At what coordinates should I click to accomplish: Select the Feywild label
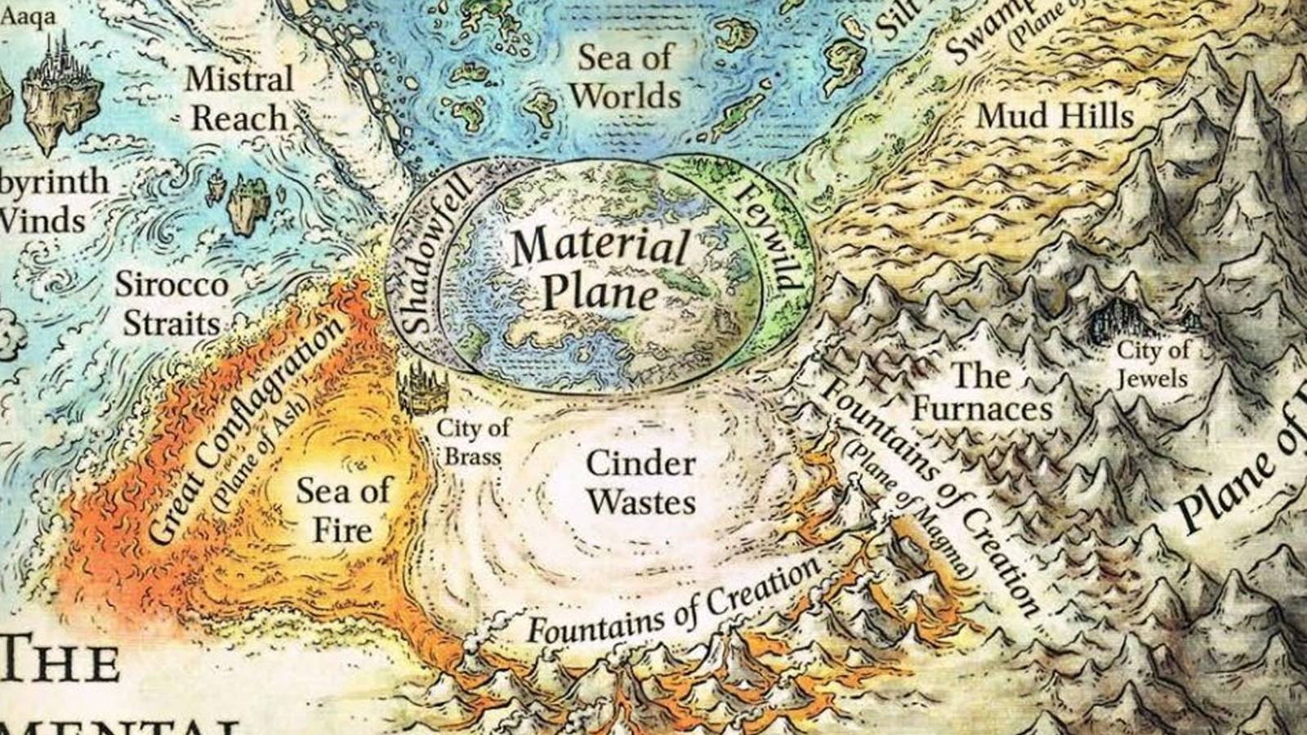[768, 237]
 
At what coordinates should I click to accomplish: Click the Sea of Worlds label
[626, 77]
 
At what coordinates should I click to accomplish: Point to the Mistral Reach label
[239, 99]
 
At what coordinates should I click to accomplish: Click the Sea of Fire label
[343, 510]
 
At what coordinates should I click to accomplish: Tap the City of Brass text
[472, 441]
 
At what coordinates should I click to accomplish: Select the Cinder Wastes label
[641, 482]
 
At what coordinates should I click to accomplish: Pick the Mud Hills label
[1056, 116]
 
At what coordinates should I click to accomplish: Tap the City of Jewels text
[1153, 365]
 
